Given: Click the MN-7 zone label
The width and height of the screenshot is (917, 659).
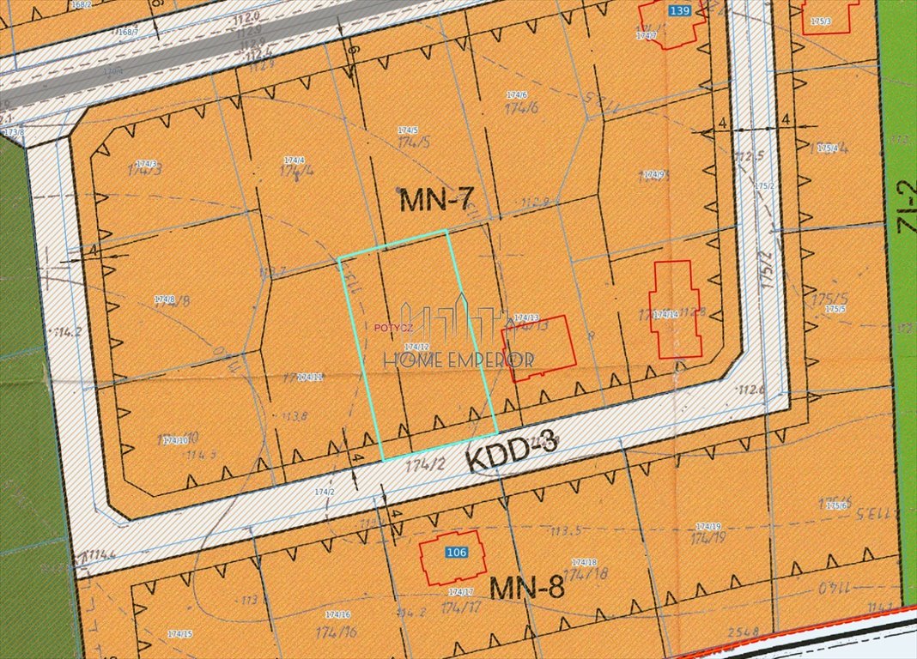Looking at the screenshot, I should [x=437, y=201].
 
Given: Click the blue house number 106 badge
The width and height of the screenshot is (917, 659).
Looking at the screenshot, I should [x=457, y=553].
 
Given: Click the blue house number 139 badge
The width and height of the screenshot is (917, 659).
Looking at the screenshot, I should [x=678, y=10].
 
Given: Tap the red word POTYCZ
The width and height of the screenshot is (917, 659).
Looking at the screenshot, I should [x=394, y=327].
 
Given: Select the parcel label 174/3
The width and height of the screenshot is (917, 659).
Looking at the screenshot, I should [x=147, y=163].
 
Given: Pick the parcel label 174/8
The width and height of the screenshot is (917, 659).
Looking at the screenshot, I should [x=165, y=299].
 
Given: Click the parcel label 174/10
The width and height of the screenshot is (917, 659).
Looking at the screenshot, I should [x=175, y=440].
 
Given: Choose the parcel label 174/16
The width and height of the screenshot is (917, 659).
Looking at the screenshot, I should [x=337, y=614].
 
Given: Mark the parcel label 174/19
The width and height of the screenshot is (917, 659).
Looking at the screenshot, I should [x=708, y=526].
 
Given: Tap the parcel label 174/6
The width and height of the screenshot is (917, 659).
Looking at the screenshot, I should [x=516, y=95].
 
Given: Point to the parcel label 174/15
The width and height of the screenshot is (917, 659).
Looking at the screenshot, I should [x=179, y=633].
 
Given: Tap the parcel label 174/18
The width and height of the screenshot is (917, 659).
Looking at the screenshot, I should [x=584, y=562].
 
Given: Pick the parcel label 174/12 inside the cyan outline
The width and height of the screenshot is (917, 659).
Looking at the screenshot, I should [x=416, y=346].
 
